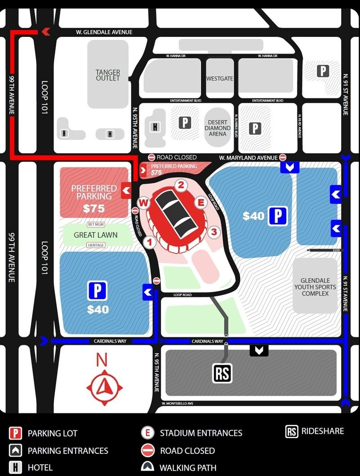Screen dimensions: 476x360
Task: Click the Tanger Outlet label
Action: coord(108,75)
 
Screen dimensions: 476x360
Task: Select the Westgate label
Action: coord(220,78)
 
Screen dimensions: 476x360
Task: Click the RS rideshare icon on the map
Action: coord(222,373)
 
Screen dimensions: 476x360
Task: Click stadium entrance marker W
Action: coord(144,203)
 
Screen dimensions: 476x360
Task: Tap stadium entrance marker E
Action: coord(201,202)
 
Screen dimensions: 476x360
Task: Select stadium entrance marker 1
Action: coord(151,242)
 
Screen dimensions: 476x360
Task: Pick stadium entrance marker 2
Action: coord(181,185)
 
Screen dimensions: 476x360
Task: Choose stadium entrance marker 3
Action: coord(214,232)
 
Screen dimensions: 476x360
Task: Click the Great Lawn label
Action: coord(95,235)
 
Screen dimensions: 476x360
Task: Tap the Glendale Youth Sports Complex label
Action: coord(315,287)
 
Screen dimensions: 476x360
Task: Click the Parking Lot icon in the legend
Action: coord(16,433)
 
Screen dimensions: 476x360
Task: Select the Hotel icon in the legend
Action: coord(16,467)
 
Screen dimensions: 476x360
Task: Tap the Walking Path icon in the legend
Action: coord(148,467)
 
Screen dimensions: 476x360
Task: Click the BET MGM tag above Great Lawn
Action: coord(96,224)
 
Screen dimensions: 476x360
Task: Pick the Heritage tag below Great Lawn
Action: coord(96,245)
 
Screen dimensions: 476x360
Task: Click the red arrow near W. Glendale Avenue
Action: coord(45,32)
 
